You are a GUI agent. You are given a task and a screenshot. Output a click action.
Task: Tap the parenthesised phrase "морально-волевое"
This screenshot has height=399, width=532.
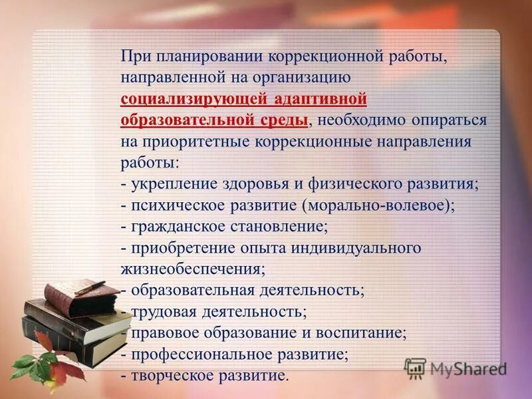tap(376, 205)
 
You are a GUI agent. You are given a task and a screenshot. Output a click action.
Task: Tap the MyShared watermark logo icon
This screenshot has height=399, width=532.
tap(415, 368)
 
